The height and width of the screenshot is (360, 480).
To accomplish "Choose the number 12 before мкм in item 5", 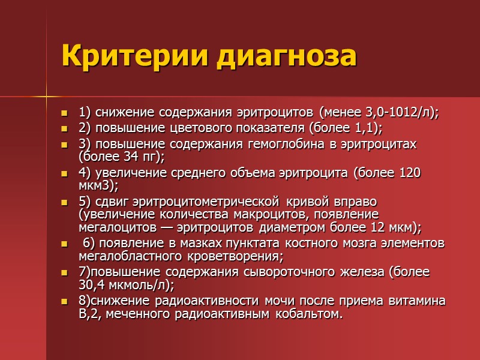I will point(383,228).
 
